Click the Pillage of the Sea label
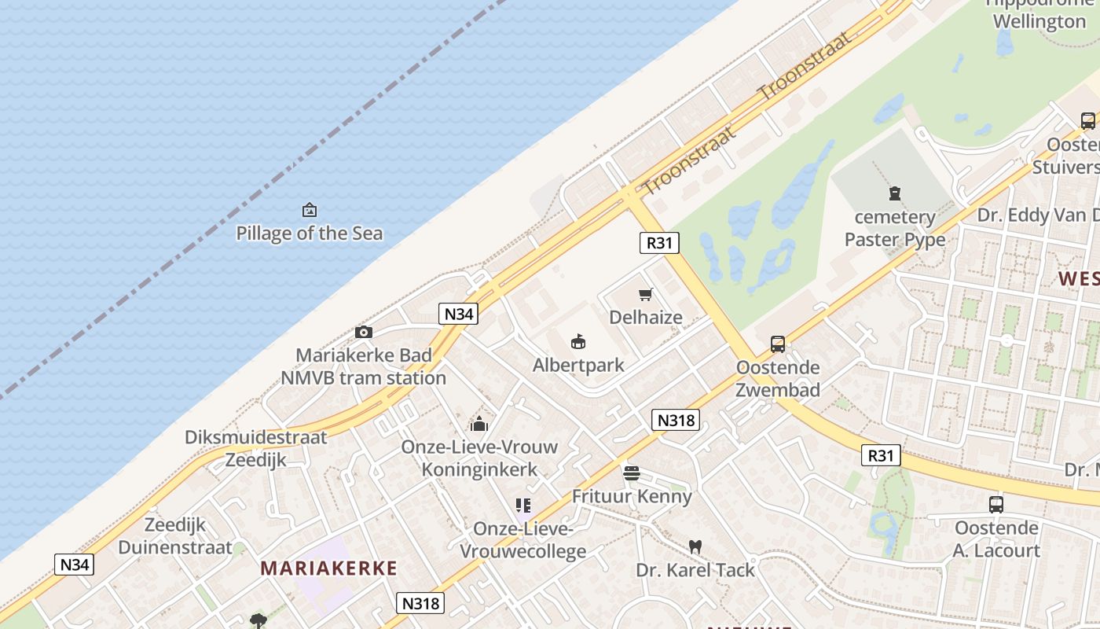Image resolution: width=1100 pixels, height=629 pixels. (x=310, y=233)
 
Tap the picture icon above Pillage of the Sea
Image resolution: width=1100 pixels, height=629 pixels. (x=310, y=210)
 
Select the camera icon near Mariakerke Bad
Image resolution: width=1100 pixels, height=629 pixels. (x=363, y=332)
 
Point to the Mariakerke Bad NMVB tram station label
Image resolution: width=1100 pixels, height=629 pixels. (x=364, y=366)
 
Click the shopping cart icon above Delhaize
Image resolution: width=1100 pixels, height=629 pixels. (x=646, y=295)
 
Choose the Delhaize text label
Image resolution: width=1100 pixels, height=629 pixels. (x=646, y=317)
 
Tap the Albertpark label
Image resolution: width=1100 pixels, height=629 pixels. (x=578, y=365)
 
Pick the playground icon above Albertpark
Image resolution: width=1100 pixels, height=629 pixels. (x=578, y=342)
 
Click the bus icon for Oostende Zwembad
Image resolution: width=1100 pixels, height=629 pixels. (x=778, y=344)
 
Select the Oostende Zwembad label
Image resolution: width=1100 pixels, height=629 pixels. (x=778, y=378)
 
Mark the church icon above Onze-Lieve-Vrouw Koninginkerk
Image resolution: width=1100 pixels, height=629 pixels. (x=479, y=425)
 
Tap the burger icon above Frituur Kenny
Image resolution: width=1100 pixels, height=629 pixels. (x=632, y=473)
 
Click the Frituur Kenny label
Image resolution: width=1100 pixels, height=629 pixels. (x=632, y=496)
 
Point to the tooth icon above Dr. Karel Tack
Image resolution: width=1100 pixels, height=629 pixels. (x=695, y=546)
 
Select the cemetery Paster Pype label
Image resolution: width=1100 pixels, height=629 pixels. (x=895, y=228)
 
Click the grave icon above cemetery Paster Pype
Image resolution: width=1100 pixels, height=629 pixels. (x=894, y=193)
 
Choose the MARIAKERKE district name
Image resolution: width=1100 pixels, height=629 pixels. (x=328, y=568)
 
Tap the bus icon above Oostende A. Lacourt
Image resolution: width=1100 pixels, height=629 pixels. (x=996, y=505)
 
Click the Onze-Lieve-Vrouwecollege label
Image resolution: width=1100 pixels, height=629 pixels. (x=523, y=540)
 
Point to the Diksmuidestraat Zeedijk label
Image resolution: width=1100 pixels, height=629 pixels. (x=256, y=448)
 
